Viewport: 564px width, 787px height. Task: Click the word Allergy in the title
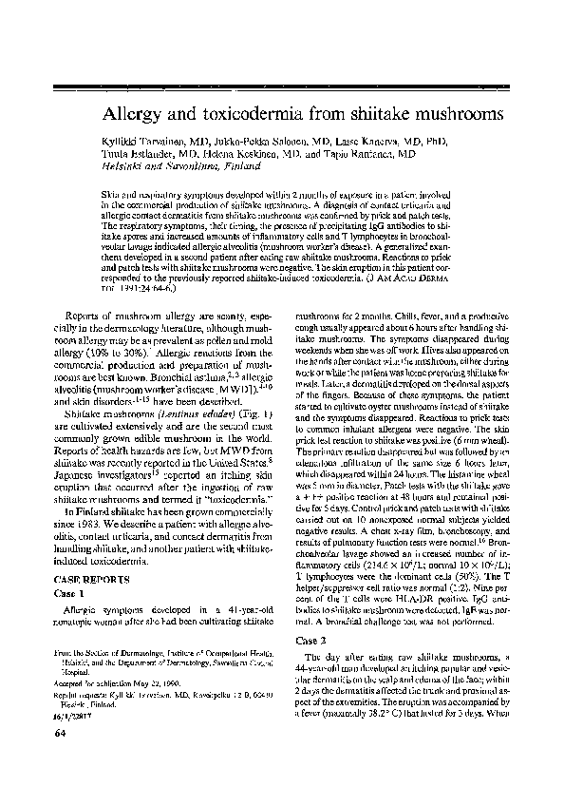141,113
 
